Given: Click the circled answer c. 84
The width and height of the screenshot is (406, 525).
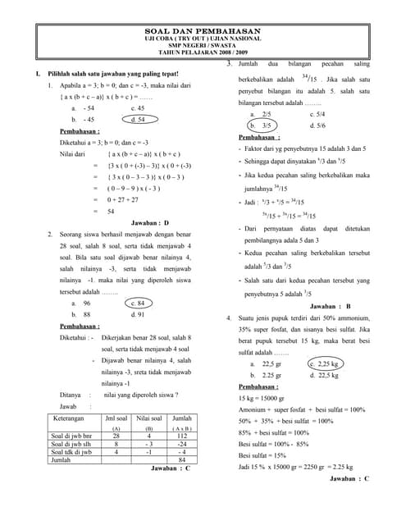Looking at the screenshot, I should (x=138, y=303).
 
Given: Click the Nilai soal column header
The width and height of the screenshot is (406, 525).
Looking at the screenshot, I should (x=148, y=418).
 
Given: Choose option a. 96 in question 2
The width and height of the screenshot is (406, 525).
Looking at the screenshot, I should (x=81, y=303).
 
